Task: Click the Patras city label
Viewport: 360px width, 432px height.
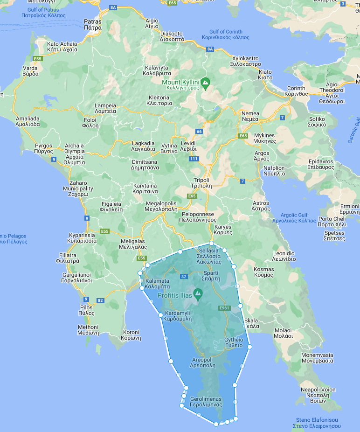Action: [93, 24]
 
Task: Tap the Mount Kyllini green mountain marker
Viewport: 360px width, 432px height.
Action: [206, 84]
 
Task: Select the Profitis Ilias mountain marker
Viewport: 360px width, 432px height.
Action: [198, 294]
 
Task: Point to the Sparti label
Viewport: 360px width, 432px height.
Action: [210, 275]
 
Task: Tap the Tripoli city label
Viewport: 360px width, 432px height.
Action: [201, 182]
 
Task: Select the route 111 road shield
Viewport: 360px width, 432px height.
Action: [194, 159]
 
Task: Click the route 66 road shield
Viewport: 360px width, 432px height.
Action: [199, 132]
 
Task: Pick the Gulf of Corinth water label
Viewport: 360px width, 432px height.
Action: [226, 35]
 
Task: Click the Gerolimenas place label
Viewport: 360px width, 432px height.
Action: [206, 402]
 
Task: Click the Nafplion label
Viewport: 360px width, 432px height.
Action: [274, 170]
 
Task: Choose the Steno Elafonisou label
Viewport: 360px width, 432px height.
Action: [317, 423]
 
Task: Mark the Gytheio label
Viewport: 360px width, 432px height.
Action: [234, 342]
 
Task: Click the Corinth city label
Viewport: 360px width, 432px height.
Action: [297, 91]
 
